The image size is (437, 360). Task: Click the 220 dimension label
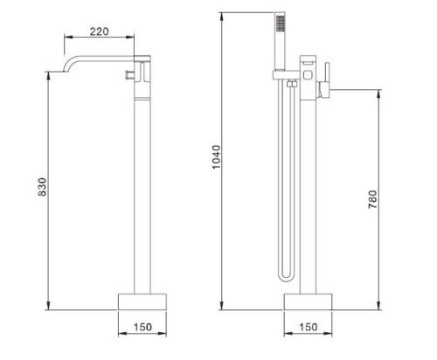pos(99,31)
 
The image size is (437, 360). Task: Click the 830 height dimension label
pos(42,187)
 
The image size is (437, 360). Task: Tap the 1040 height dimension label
pos(217,157)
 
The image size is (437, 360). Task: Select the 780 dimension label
pos(372,199)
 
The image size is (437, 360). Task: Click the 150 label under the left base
pos(142,327)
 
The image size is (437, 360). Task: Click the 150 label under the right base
pos(309,327)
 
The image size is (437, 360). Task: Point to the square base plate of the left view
pos(142,301)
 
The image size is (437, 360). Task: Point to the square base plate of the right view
pos(308,301)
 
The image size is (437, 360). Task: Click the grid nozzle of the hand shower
pos(281,24)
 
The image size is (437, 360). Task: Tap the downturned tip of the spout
pos(64,70)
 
